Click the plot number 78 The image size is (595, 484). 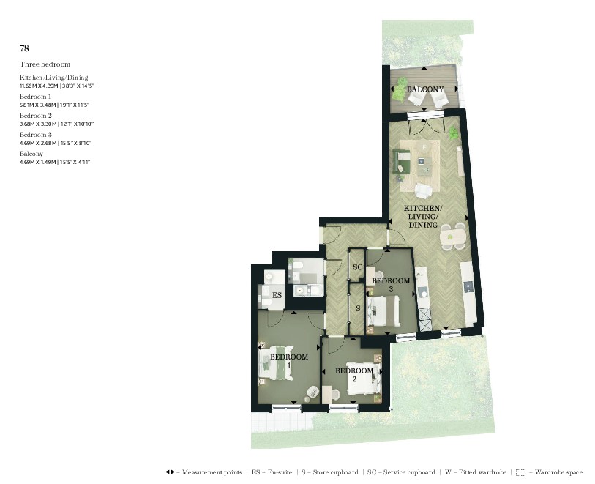24,48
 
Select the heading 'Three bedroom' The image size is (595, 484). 45,64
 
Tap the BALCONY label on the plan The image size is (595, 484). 425,89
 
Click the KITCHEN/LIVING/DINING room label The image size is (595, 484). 423,217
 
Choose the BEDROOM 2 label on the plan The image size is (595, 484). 354,375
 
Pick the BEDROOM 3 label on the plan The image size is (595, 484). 391,284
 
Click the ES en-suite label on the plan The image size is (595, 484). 277,295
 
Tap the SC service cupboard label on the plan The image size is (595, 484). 357,267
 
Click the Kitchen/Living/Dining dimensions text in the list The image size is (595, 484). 57,86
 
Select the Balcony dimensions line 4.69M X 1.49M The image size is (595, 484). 56,161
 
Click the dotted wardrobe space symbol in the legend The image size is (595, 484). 520,473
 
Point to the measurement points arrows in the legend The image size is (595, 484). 170,473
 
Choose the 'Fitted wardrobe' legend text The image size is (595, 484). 476,473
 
